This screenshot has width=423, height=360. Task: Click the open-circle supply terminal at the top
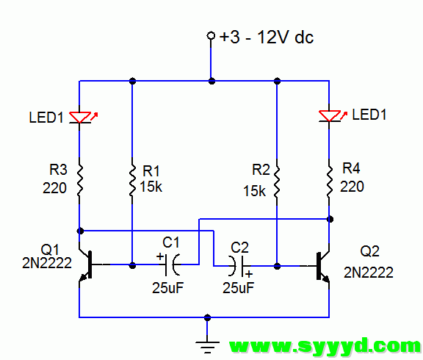click(211, 35)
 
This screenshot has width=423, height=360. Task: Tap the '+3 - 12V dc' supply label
click(267, 37)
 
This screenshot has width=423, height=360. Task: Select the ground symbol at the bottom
click(207, 348)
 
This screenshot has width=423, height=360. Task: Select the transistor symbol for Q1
click(87, 264)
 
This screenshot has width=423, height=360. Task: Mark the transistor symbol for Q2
click(322, 266)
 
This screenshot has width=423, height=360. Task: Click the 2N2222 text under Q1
click(47, 263)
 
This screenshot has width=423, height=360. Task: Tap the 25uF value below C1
click(167, 288)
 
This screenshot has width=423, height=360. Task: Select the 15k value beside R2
click(254, 191)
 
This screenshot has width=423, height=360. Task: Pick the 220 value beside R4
click(352, 187)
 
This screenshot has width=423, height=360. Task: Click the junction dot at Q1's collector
click(80, 231)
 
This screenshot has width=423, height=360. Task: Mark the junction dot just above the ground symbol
click(207, 317)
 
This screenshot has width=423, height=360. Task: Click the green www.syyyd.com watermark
click(325, 345)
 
